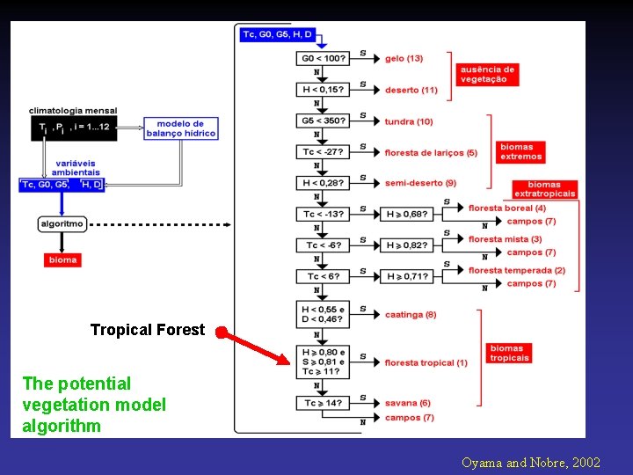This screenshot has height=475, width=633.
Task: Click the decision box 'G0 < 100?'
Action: (323, 58)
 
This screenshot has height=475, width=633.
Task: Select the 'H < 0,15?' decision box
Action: (323, 89)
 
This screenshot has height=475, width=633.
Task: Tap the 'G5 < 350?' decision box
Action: (323, 121)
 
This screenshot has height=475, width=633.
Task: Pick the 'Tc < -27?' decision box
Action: (323, 151)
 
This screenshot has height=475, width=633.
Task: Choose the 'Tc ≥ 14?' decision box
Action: (323, 402)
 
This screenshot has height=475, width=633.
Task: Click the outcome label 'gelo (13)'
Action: (404, 58)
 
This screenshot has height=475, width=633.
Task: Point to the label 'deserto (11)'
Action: (411, 90)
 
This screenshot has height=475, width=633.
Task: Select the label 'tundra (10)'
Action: (409, 121)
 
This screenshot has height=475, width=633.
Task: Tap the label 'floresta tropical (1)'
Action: (426, 362)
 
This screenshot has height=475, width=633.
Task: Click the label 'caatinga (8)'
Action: (410, 315)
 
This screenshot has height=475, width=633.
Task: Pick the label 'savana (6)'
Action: (407, 403)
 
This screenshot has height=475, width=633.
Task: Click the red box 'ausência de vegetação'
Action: (486, 74)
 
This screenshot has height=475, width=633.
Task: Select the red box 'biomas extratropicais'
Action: (544, 189)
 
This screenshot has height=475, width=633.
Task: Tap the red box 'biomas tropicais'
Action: (509, 353)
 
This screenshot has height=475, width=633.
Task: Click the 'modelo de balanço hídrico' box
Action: (180, 128)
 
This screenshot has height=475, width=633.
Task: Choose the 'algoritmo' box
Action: (62, 224)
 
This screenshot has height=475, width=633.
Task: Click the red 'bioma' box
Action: (62, 259)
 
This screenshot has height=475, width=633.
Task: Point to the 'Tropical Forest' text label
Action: (147, 330)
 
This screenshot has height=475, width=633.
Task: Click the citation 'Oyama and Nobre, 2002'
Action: (529, 461)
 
